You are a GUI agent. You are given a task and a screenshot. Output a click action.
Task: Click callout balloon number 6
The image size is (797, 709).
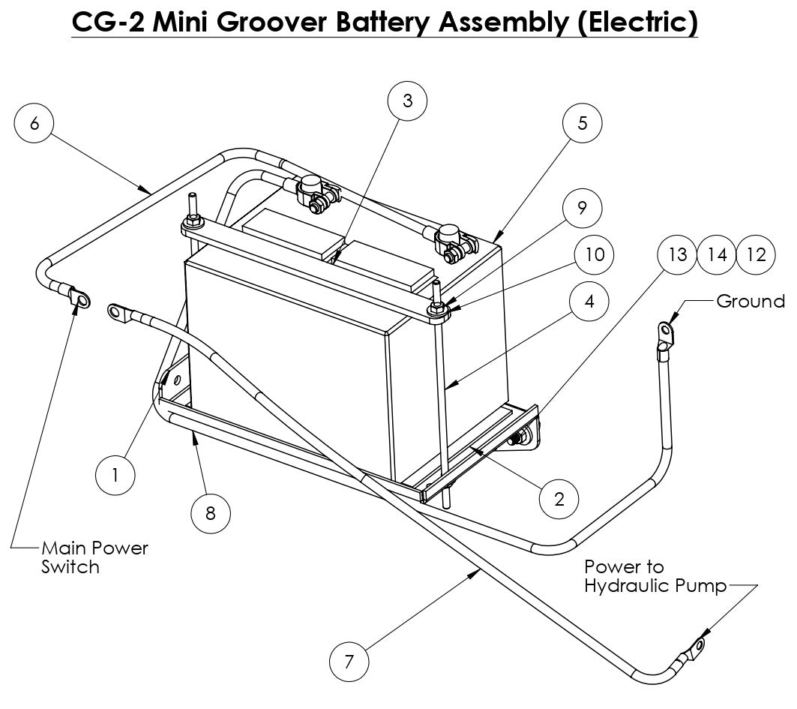click(x=34, y=124)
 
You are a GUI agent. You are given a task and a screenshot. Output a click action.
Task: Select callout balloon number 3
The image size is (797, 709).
click(x=407, y=101)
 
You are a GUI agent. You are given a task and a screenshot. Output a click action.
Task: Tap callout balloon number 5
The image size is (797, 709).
click(x=583, y=123)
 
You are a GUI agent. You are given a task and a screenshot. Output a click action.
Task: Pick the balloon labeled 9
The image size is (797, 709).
click(x=583, y=208)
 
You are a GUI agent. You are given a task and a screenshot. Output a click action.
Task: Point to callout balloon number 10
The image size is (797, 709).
click(x=594, y=254)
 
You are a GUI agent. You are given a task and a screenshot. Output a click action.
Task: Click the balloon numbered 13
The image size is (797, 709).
click(x=677, y=254)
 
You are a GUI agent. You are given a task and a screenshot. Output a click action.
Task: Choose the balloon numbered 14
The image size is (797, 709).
click(x=718, y=254)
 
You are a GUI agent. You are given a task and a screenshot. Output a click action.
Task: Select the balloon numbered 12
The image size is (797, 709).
click(x=757, y=254)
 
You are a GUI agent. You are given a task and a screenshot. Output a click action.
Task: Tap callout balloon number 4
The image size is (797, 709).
click(x=589, y=301)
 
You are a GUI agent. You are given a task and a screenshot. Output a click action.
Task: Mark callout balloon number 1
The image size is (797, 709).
click(x=115, y=475)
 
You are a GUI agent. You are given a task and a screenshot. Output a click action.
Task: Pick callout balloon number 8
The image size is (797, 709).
click(x=211, y=513)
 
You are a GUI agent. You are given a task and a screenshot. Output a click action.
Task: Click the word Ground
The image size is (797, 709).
click(x=750, y=302)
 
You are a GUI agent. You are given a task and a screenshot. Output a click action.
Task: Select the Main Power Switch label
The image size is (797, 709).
click(x=94, y=557)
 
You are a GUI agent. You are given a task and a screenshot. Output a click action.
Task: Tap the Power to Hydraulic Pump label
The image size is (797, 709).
click(x=655, y=576)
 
